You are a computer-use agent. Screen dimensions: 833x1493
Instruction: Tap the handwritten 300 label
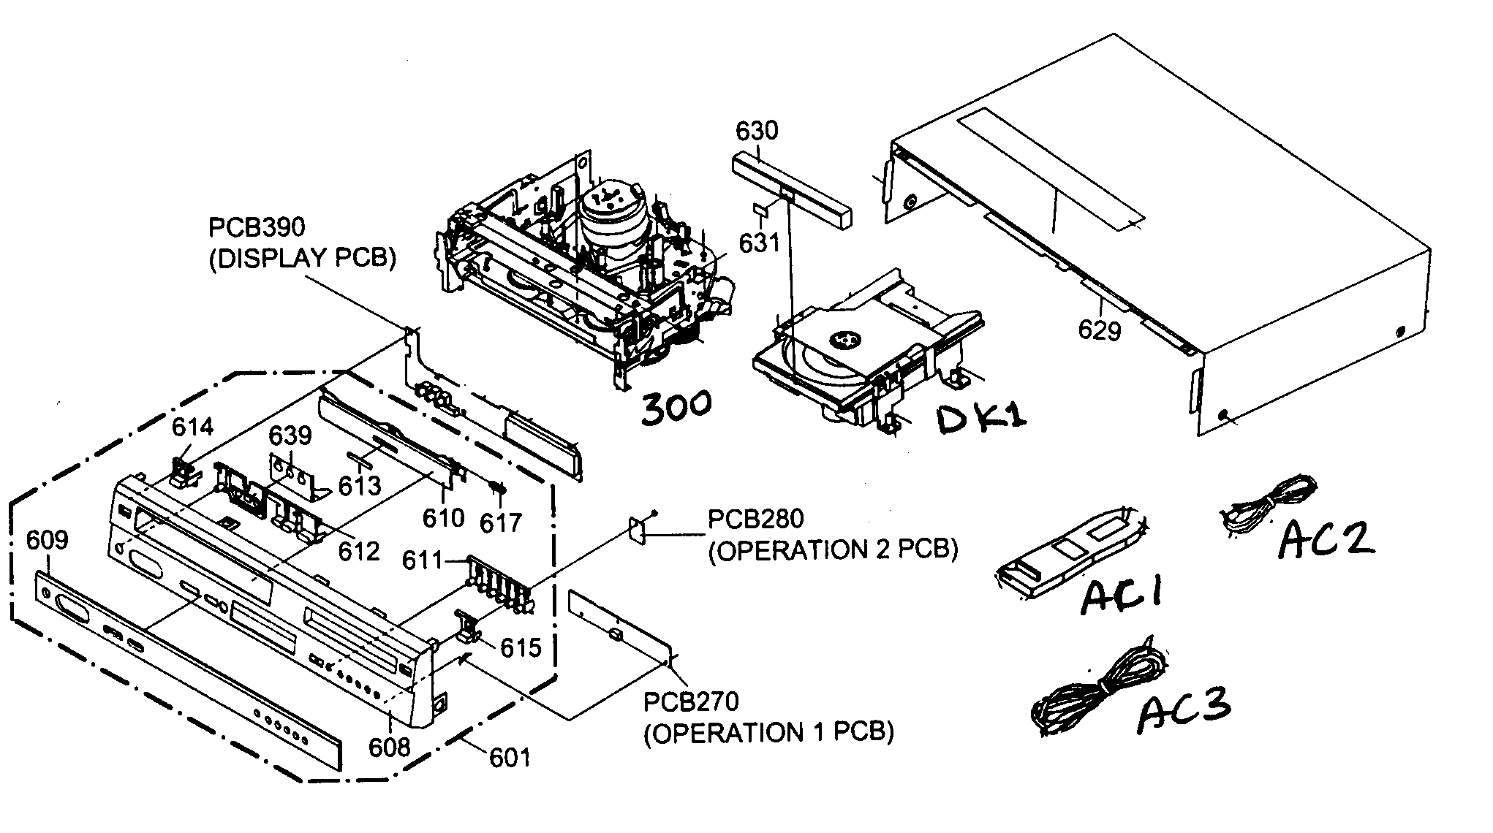pos(676,406)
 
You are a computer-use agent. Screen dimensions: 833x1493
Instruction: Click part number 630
pos(757,132)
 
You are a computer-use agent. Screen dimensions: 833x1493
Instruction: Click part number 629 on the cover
pos(1099,331)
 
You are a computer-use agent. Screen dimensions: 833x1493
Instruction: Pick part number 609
pos(47,541)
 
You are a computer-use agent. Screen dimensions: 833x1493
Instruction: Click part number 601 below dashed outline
pos(510,758)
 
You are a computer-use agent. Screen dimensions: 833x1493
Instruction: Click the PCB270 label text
pos(691,701)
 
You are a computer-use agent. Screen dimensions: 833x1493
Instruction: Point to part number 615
pos(521,647)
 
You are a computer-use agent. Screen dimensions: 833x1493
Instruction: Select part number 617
pos(501,522)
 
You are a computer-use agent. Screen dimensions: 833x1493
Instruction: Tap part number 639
pos(290,435)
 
